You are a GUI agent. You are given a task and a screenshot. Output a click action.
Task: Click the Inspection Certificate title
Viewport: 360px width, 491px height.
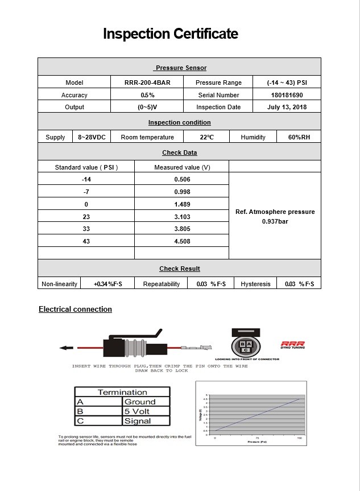click(170, 34)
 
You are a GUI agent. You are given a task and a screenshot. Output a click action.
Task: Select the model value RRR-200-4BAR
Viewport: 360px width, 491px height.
click(147, 82)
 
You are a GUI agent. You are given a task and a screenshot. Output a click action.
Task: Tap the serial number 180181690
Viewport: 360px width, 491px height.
click(287, 95)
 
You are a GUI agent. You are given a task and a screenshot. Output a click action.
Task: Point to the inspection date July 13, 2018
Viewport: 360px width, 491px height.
click(286, 107)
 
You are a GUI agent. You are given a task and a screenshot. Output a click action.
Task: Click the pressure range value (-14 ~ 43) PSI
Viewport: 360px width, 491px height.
click(286, 82)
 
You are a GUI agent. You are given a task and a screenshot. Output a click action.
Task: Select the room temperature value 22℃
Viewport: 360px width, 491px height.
click(206, 137)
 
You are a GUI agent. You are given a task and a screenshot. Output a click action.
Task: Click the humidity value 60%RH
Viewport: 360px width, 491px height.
click(299, 137)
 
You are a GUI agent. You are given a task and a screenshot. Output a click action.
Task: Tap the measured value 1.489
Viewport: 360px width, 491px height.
click(181, 204)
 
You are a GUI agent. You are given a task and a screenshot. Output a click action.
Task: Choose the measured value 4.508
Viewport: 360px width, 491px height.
click(181, 241)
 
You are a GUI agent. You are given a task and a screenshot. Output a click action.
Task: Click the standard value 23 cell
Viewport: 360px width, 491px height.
click(86, 217)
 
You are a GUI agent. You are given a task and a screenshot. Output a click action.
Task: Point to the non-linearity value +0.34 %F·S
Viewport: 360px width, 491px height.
click(108, 283)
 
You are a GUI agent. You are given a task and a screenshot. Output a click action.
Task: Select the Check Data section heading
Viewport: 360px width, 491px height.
click(180, 152)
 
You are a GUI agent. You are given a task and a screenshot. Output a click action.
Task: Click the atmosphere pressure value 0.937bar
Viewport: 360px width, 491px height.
click(275, 221)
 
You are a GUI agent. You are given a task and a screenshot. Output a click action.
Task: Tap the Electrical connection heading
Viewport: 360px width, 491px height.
click(75, 310)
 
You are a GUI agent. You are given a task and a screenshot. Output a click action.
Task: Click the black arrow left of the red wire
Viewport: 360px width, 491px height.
click(67, 348)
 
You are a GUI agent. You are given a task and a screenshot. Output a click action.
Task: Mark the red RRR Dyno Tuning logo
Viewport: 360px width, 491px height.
click(292, 345)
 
